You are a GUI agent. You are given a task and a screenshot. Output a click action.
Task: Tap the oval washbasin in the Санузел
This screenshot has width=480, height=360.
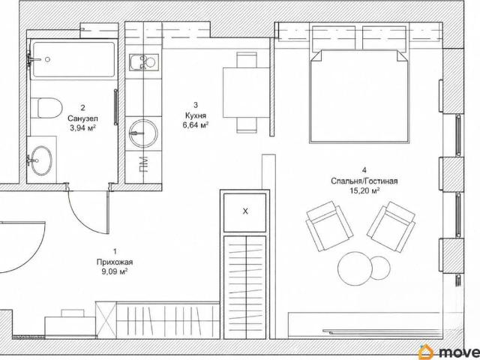coord(42,160)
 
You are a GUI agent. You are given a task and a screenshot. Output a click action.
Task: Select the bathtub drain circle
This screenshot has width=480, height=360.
coord(47,59)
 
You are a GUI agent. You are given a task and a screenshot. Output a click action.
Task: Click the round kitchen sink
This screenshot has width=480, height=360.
coord(143,133)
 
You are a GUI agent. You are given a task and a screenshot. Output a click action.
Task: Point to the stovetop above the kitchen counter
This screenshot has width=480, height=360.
coord(143,62)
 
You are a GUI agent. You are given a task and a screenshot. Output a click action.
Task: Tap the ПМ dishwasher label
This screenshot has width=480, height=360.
coord(143,164)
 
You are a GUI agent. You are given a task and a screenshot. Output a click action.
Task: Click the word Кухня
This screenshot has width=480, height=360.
coord(196,115)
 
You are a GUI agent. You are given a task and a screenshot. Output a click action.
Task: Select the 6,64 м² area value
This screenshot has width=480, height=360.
coord(196,125)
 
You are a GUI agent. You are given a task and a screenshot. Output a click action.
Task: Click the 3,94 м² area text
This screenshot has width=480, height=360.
coord(82,127)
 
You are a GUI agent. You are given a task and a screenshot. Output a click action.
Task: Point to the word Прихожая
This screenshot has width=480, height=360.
coord(115,262)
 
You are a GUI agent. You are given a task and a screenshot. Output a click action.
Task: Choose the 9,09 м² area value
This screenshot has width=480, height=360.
coord(115,271)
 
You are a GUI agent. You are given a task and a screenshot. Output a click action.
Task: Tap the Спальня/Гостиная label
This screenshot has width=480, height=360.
coord(364,181)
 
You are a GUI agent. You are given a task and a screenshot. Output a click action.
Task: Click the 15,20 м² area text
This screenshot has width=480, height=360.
coord(364,190)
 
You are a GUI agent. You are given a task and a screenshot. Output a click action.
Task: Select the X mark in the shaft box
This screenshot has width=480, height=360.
coord(245,211)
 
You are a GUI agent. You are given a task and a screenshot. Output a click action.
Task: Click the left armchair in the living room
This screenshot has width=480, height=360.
coord(330,226)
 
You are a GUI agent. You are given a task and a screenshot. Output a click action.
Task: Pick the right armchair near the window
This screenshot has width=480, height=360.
coord(391,226)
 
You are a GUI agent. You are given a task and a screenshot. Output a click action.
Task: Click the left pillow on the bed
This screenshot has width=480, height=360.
coord(334,38)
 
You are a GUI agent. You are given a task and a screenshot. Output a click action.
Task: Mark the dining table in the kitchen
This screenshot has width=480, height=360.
coord(246,92)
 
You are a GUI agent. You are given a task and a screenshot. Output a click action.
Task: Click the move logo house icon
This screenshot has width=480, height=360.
coord(427,352)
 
